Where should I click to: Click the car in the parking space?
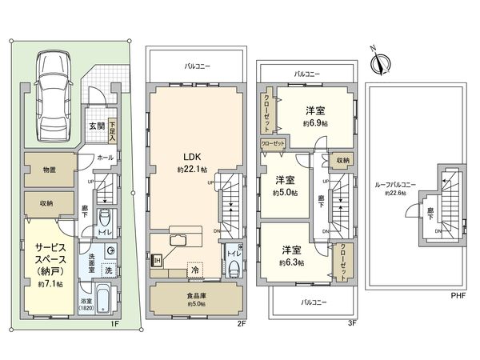(x=53, y=95)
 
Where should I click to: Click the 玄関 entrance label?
(x=96, y=125)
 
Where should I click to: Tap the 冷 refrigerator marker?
(x=194, y=270)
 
